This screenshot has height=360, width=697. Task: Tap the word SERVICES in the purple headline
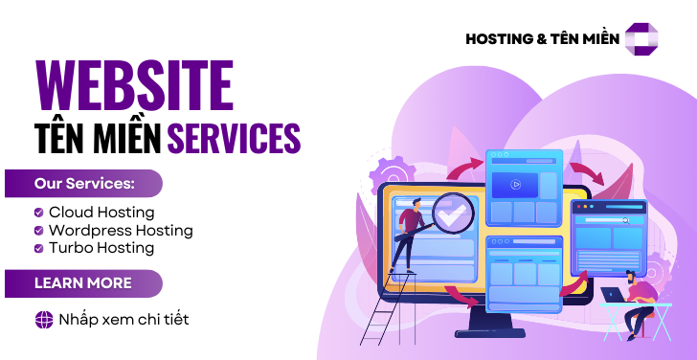click(234, 136)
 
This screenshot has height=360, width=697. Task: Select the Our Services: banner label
click(84, 183)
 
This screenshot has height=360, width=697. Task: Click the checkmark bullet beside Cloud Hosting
click(38, 213)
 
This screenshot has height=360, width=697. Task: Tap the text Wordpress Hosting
click(121, 230)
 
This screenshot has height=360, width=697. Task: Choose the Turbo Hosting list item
click(101, 248)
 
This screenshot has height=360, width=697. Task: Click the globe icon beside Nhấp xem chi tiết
click(43, 320)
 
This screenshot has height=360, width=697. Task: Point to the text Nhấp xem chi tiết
click(123, 320)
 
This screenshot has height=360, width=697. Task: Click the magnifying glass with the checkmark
click(453, 212)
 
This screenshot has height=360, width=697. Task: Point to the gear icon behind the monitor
click(387, 177)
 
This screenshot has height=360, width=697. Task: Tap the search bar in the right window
click(605, 219)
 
